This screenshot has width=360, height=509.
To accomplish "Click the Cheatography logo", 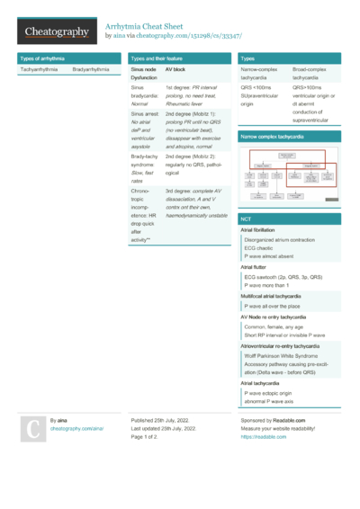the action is point(57,31).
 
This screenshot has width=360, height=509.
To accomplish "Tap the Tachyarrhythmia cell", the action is point(40,69).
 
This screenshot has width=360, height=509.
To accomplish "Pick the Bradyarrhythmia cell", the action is point(92,69).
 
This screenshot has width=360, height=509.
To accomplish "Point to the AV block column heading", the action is point(177,69).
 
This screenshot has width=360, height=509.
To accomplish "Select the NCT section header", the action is point(246,219).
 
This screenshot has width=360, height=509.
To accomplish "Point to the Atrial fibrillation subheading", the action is point(264,230).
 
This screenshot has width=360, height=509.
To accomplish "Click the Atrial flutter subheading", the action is point(256,267).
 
